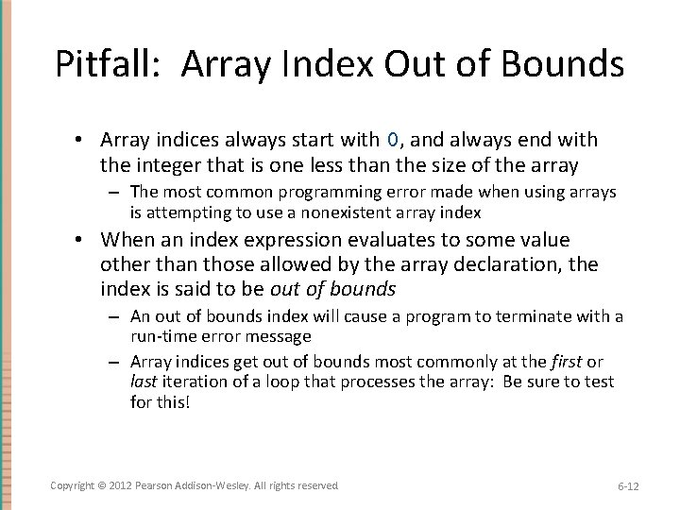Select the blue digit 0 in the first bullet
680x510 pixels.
[x=393, y=140]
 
